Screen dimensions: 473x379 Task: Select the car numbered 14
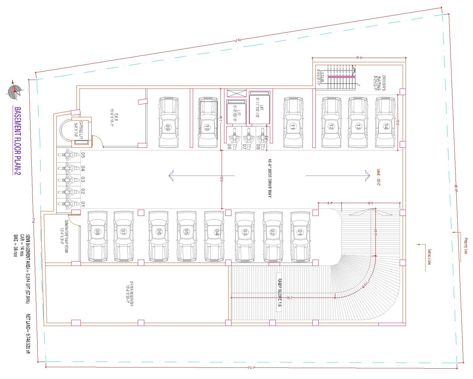385,122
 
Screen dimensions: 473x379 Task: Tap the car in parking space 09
169,122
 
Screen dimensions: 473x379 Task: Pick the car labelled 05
187,236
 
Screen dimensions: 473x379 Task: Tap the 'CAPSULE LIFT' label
79,131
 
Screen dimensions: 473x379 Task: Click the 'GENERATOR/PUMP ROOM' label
64,236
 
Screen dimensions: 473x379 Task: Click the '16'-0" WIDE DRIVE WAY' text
270,178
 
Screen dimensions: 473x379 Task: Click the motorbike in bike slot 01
68,203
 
